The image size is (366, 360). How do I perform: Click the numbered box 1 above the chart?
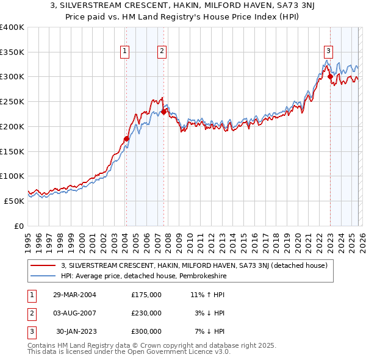(x=124, y=52)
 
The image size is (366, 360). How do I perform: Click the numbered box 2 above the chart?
(x=162, y=52)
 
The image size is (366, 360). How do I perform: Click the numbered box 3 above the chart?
(x=328, y=52)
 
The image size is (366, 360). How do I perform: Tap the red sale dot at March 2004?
(x=126, y=139)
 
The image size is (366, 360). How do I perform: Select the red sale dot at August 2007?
(x=163, y=112)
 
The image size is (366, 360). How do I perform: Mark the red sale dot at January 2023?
(x=330, y=77)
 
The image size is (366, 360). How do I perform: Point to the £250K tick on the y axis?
(x=12, y=102)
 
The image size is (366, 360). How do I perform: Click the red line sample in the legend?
(x=43, y=265)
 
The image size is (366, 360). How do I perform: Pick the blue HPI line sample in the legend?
(x=43, y=276)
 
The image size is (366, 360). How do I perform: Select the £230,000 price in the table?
(x=146, y=313)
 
